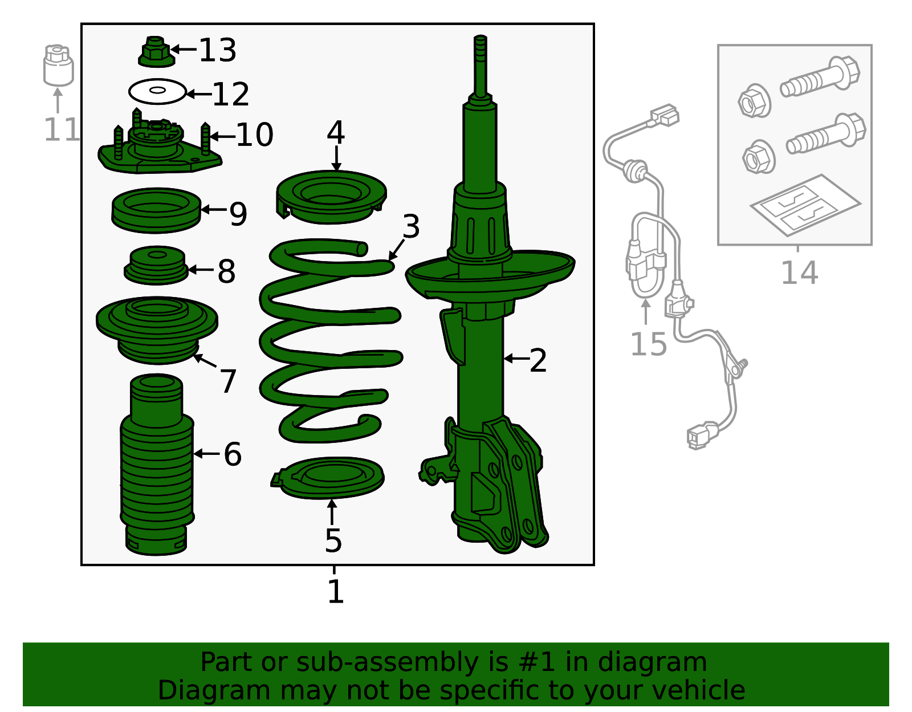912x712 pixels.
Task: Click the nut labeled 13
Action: click(x=155, y=52)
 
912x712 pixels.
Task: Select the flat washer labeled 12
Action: click(x=157, y=91)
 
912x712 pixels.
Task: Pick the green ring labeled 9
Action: click(x=156, y=210)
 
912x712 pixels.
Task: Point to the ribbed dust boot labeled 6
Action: click(x=157, y=467)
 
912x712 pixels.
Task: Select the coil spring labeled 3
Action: click(x=328, y=342)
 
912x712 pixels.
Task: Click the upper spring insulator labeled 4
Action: click(x=331, y=197)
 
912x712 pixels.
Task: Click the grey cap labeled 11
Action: click(x=58, y=66)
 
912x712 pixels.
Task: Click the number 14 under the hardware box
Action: click(x=799, y=272)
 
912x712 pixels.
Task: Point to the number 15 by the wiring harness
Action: click(x=648, y=344)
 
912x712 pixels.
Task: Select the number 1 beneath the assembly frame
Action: click(x=335, y=591)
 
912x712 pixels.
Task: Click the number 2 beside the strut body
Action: click(x=538, y=360)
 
